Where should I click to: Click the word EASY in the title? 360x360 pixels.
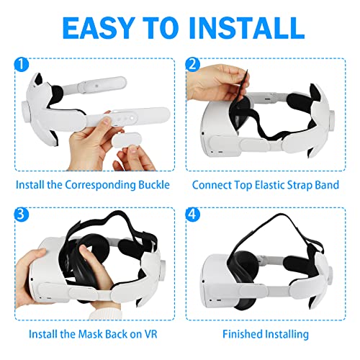pyautogui.click(x=98, y=28)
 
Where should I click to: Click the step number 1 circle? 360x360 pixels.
pyautogui.click(x=22, y=64)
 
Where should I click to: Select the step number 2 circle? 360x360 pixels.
pyautogui.click(x=192, y=64)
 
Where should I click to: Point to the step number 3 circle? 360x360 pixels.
pyautogui.click(x=22, y=214)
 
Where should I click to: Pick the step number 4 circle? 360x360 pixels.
pyautogui.click(x=192, y=214)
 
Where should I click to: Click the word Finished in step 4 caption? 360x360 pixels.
pyautogui.click(x=242, y=334)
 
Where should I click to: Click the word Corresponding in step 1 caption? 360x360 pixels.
pyautogui.click(x=101, y=185)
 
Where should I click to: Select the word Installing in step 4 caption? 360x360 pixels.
pyautogui.click(x=287, y=334)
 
